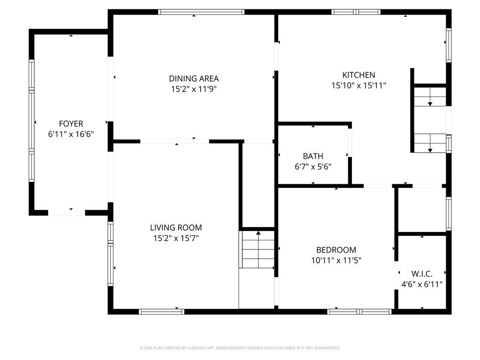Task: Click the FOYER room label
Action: (71, 124)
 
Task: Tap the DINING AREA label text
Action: (194, 79)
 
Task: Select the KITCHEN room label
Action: (359, 75)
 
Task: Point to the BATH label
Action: (313, 156)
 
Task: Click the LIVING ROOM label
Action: (176, 228)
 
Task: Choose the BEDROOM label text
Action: (336, 250)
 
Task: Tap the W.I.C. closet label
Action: (422, 274)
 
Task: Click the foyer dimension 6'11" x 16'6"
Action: (71, 134)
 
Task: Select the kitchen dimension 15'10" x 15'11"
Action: (359, 85)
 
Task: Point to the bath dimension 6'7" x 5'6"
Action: (313, 166)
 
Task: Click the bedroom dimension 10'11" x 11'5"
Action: (336, 260)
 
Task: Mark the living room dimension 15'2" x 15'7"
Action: (176, 238)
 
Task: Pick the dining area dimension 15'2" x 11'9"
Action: (194, 89)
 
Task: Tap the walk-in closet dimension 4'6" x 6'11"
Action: (422, 284)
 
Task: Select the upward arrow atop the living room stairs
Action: (258, 233)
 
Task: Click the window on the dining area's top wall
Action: (201, 12)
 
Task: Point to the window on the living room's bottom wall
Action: (162, 311)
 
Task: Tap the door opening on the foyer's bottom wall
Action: (67, 213)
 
